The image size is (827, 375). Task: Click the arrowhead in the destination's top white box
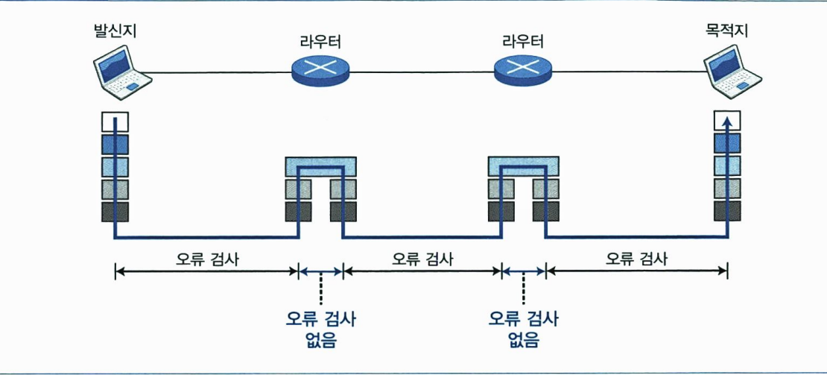(x=728, y=119)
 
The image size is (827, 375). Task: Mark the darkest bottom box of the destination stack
(x=728, y=212)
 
